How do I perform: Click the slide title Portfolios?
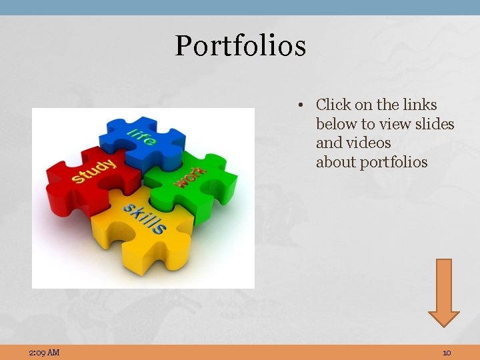click(240, 46)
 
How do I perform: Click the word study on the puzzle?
click(94, 169)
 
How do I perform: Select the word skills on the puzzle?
click(144, 217)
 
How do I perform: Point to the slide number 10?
click(447, 352)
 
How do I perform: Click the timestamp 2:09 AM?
click(44, 352)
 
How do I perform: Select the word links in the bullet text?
click(420, 105)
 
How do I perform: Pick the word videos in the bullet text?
click(367, 143)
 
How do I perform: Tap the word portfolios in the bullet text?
click(393, 162)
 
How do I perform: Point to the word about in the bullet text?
click(335, 162)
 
